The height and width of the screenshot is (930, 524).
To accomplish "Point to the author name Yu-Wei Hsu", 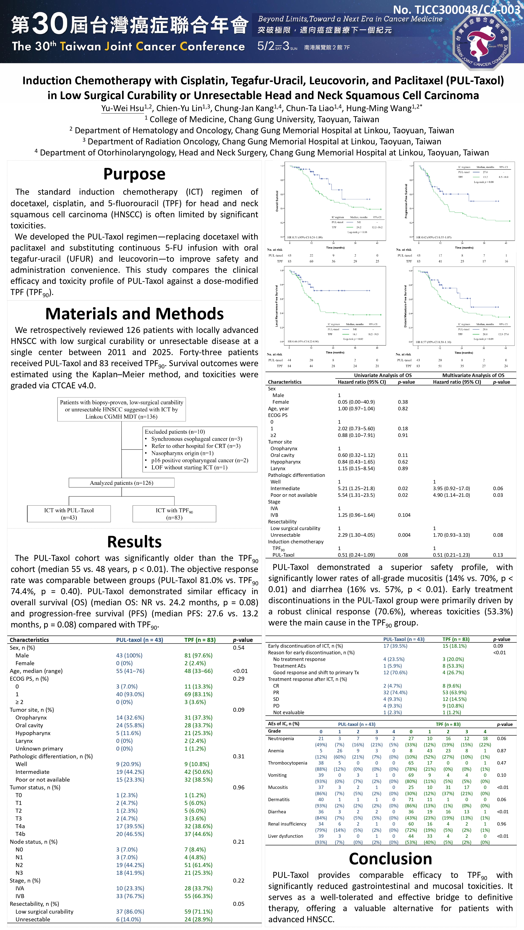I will [123, 108].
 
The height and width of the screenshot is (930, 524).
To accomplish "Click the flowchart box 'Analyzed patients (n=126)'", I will [122, 483].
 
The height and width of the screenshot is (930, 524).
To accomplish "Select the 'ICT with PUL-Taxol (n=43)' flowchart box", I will [69, 514].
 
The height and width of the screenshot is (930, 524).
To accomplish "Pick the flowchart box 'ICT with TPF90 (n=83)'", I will [174, 514].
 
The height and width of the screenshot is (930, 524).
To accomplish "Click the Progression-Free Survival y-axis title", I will [406, 201].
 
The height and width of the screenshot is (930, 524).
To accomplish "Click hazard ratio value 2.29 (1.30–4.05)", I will [356, 535].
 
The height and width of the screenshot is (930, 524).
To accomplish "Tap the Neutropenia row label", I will [281, 739].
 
